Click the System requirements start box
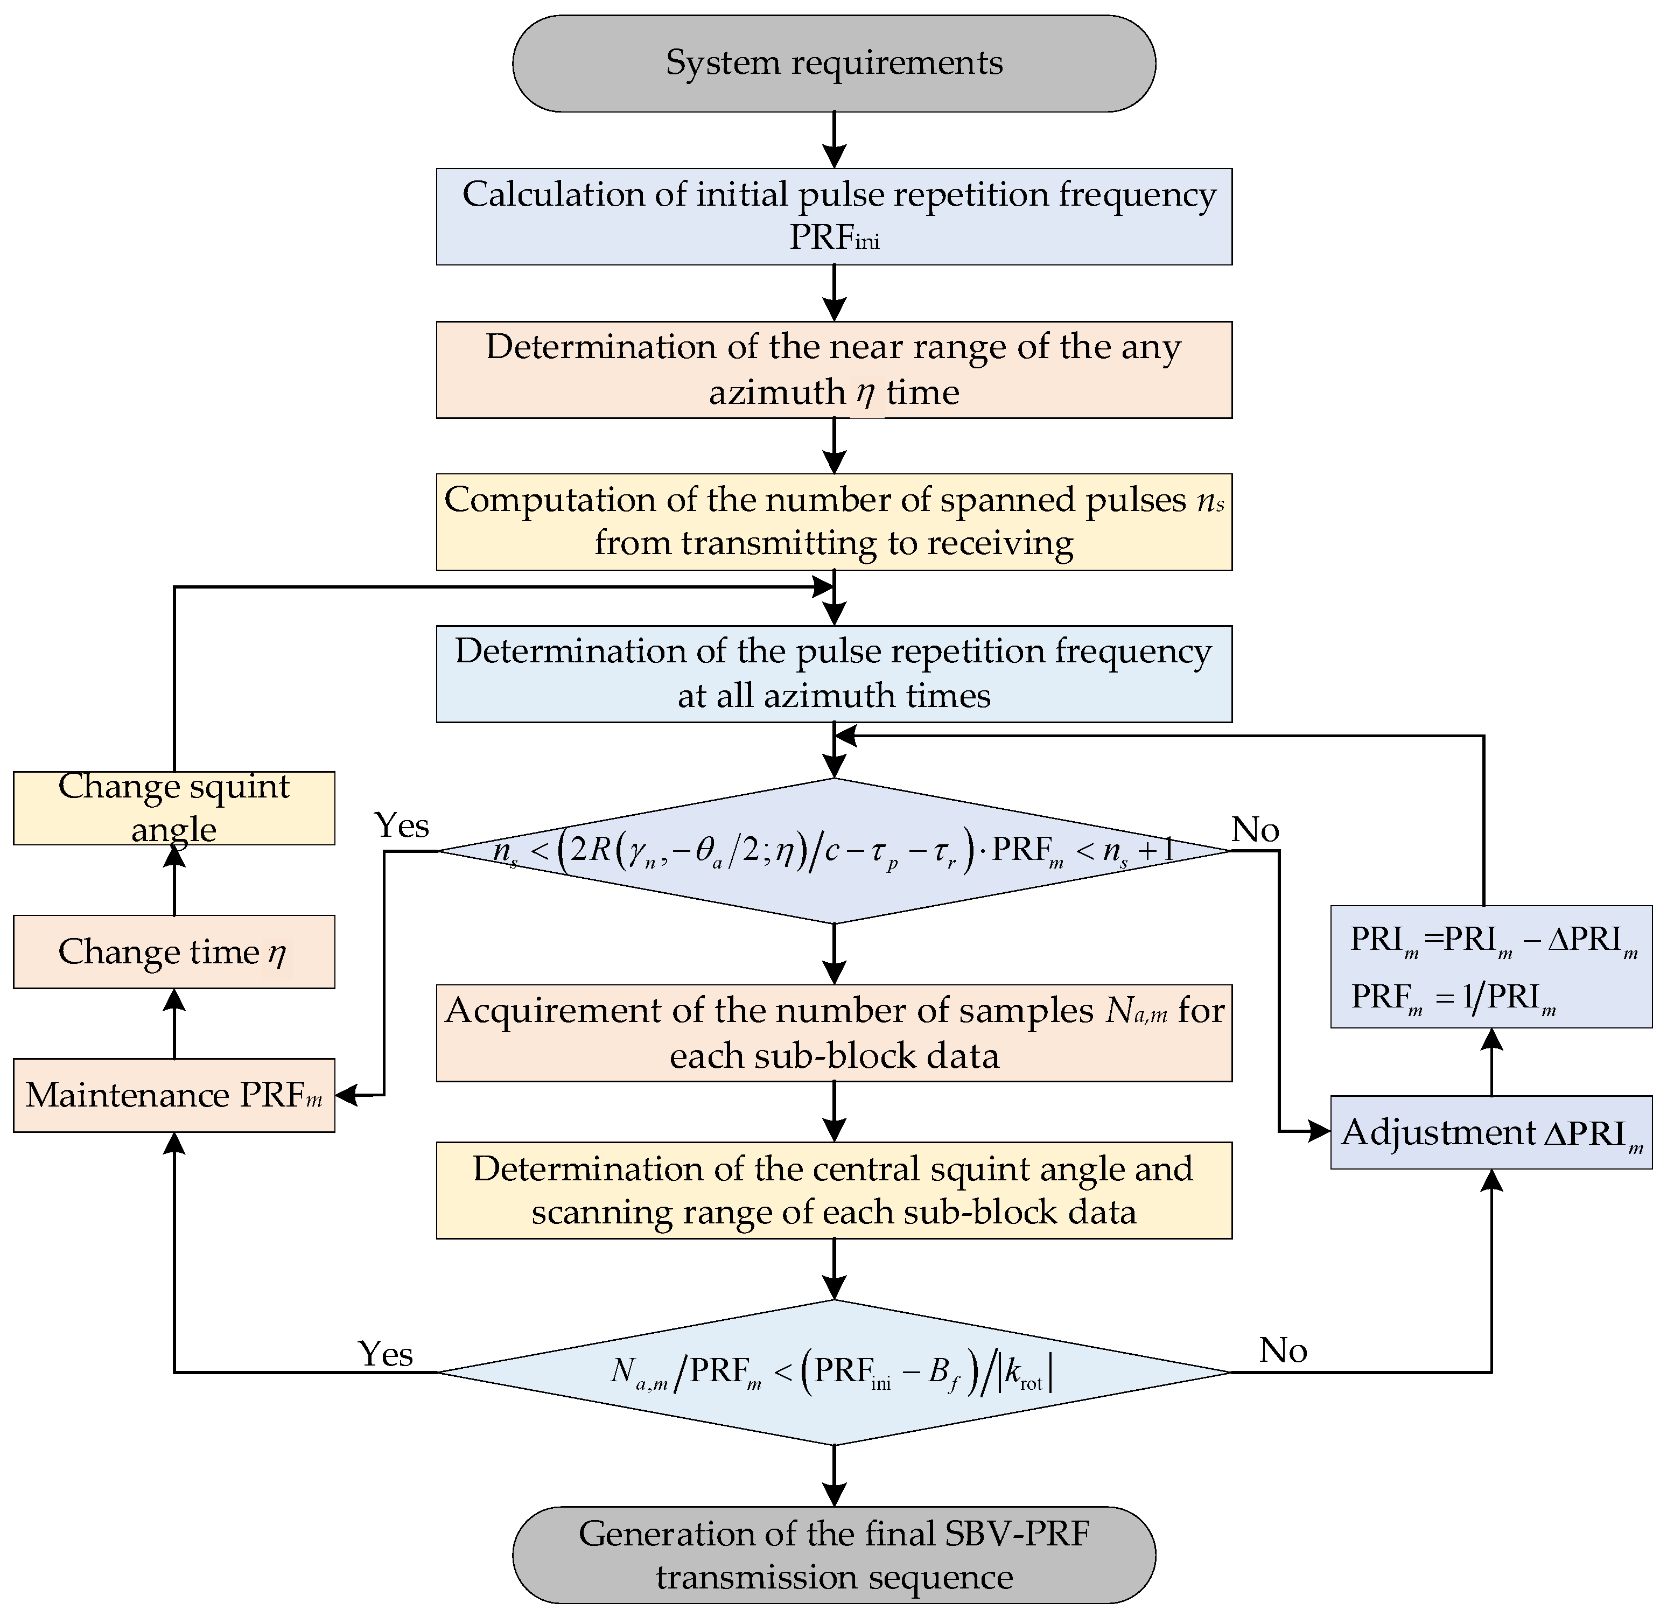(833, 63)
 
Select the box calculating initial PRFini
(833, 216)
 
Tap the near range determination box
(833, 369)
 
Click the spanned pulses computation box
(833, 521)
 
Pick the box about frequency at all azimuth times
(833, 674)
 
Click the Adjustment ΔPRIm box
(1491, 1132)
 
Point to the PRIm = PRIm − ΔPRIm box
(1491, 967)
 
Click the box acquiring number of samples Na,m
(833, 1033)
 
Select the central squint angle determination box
(833, 1190)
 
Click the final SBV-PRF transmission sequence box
(833, 1555)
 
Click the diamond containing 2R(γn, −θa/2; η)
(833, 851)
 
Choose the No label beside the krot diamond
(1283, 1350)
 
